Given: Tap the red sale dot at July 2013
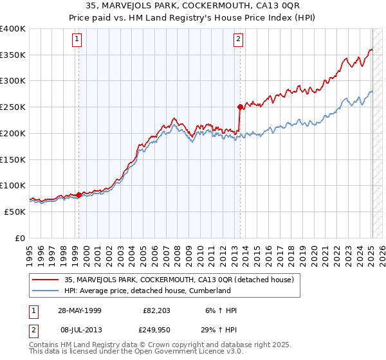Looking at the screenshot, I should coord(240,107).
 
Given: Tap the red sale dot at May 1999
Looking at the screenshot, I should coord(78,194).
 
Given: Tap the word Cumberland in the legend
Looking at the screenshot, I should coord(209,291).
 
